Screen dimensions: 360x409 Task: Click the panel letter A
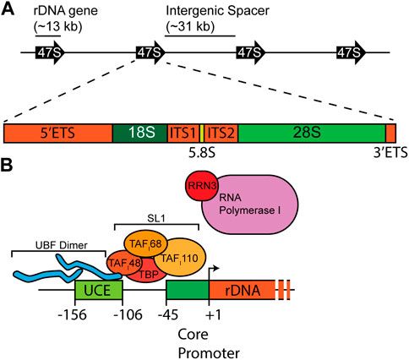[x=8, y=8]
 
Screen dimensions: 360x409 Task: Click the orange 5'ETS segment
[x=58, y=133]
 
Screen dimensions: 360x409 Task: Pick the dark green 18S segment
[x=140, y=133]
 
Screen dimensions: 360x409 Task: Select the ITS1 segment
[x=184, y=133]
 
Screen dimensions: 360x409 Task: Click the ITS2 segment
[x=221, y=133]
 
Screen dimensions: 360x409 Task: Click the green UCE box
[x=99, y=292]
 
